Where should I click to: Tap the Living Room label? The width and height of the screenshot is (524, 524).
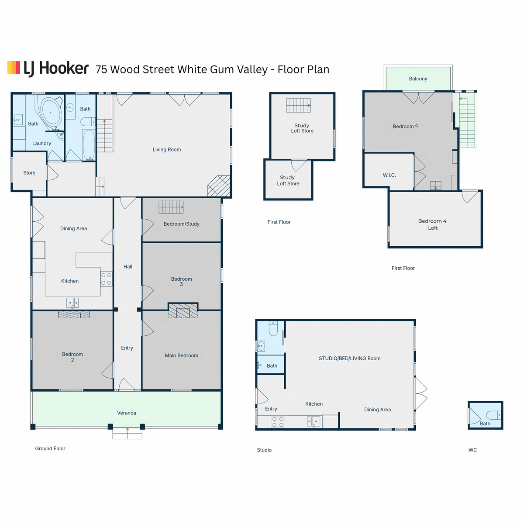[166, 150]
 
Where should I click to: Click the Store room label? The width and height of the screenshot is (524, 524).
[29, 172]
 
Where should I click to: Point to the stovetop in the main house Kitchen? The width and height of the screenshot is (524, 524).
[106, 279]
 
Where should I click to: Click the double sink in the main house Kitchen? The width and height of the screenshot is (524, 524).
[72, 303]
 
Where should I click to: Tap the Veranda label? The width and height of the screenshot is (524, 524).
[127, 413]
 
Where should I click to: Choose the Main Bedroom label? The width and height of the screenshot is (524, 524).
[181, 355]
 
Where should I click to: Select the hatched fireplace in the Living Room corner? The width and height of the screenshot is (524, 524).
[219, 186]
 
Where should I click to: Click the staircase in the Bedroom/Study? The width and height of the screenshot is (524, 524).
[171, 207]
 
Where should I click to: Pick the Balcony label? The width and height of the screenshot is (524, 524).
[418, 79]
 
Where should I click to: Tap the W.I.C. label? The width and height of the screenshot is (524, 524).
[389, 175]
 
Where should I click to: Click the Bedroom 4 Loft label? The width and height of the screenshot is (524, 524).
[432, 224]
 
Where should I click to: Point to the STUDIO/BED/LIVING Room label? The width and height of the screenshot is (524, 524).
[349, 359]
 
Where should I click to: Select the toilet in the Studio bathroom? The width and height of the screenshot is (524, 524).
[273, 328]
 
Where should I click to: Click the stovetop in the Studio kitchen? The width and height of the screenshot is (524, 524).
[278, 422]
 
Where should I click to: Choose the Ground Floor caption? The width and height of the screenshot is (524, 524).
[50, 448]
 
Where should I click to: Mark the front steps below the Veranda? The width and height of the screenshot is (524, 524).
[127, 434]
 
